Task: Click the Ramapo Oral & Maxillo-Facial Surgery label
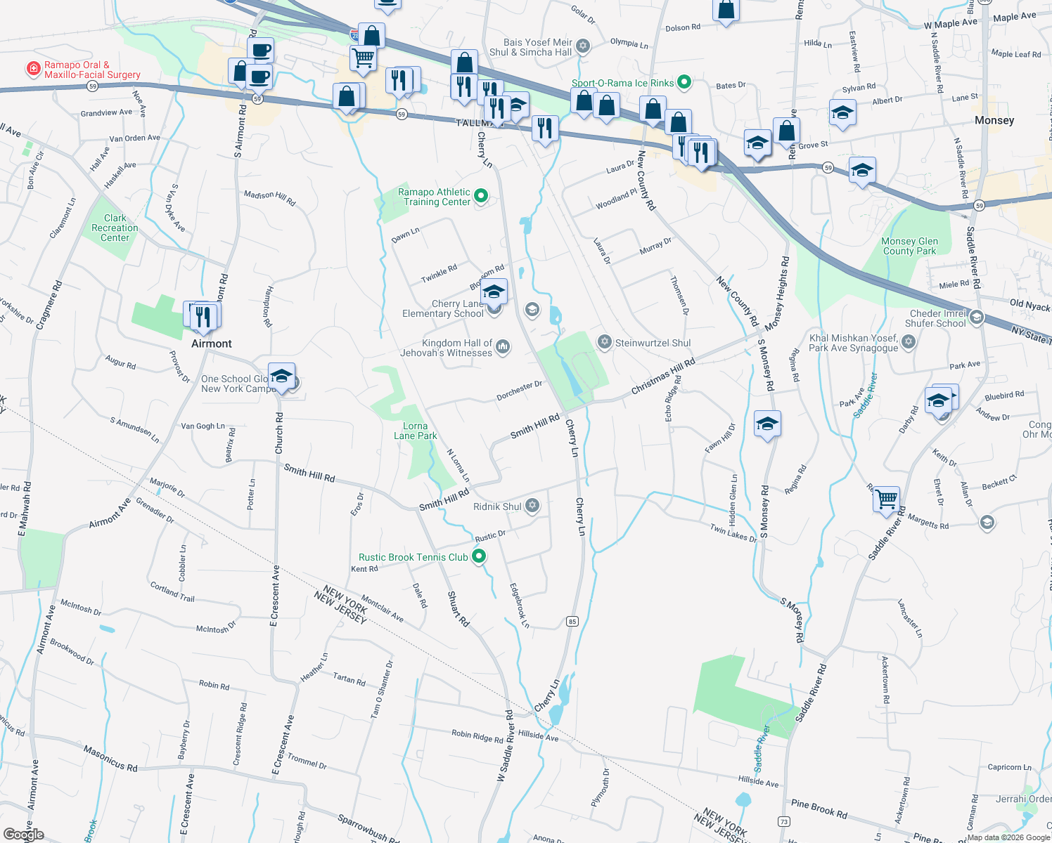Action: (91, 70)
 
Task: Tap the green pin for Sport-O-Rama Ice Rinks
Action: (684, 83)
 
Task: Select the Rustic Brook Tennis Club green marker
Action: (479, 557)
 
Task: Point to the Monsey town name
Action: (994, 120)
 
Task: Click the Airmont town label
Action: (212, 344)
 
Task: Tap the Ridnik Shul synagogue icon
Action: (532, 506)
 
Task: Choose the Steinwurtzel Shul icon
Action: (604, 342)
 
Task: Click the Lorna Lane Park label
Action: (416, 431)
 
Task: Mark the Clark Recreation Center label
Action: (115, 228)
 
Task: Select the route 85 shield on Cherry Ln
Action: (572, 621)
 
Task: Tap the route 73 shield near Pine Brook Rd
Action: (784, 821)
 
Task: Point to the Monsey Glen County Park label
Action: (909, 246)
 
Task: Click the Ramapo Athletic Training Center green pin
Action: (481, 196)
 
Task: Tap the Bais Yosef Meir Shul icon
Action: (582, 46)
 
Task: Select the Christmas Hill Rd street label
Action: (662, 376)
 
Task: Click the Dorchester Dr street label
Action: (520, 391)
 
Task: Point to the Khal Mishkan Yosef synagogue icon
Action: (909, 342)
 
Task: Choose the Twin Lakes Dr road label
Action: (733, 533)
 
